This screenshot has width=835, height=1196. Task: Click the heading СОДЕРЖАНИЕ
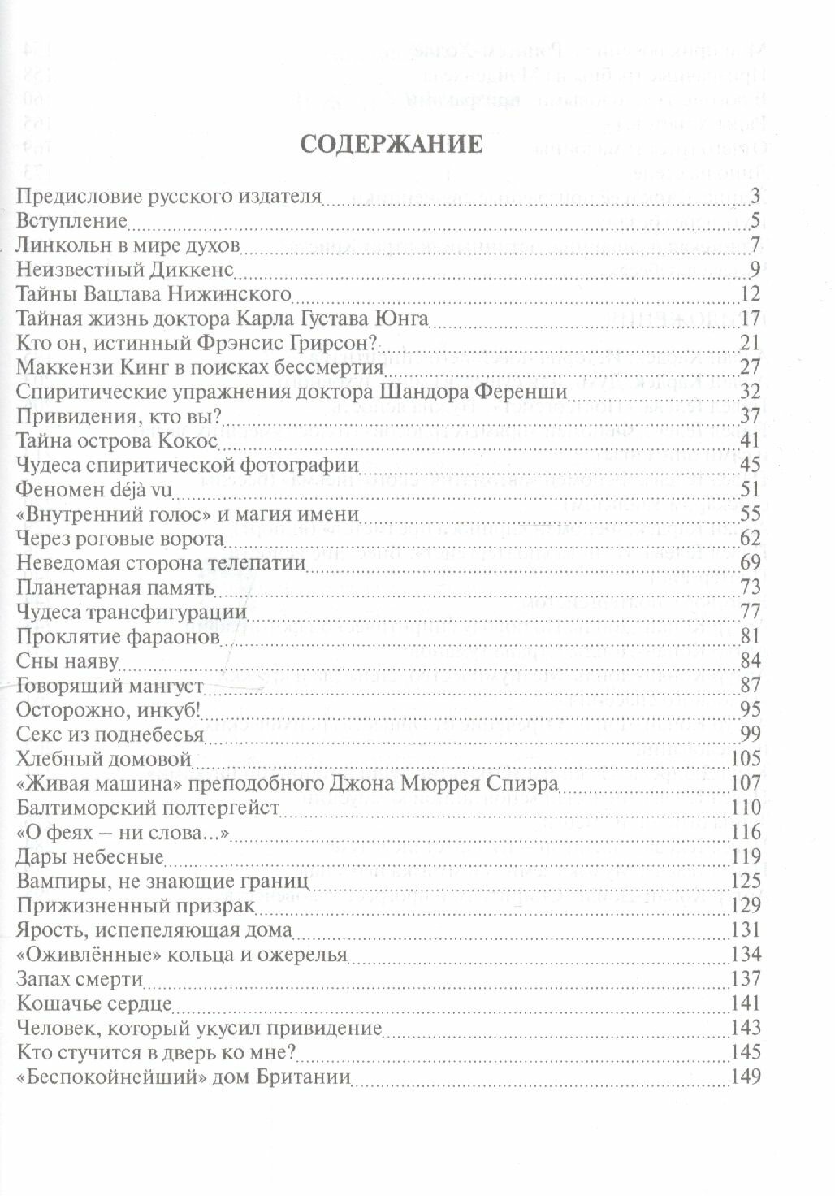pyautogui.click(x=392, y=145)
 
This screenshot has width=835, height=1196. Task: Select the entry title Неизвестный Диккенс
pyautogui.click(x=125, y=269)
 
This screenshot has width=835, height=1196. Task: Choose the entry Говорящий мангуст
pyautogui.click(x=109, y=685)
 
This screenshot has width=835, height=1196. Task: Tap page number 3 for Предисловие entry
pyautogui.click(x=755, y=196)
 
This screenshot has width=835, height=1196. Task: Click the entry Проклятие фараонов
pyautogui.click(x=118, y=636)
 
